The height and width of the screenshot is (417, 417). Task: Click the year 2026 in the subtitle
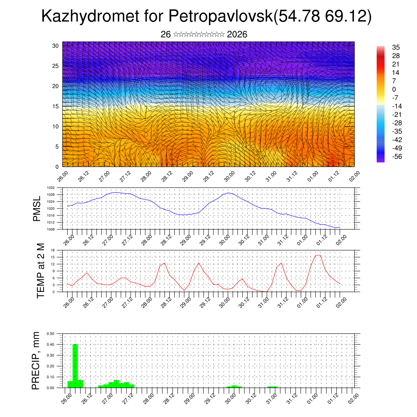point(237,34)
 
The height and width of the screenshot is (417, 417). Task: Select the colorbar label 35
point(395,47)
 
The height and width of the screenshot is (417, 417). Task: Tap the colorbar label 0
point(393,89)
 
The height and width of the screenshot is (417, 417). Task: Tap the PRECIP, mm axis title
point(37,360)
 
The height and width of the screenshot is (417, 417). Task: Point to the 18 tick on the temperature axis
point(53,250)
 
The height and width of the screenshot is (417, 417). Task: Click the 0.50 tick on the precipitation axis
point(51,334)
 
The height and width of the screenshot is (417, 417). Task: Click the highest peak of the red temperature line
point(318,255)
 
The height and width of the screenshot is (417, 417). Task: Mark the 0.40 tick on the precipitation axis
point(51,345)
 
